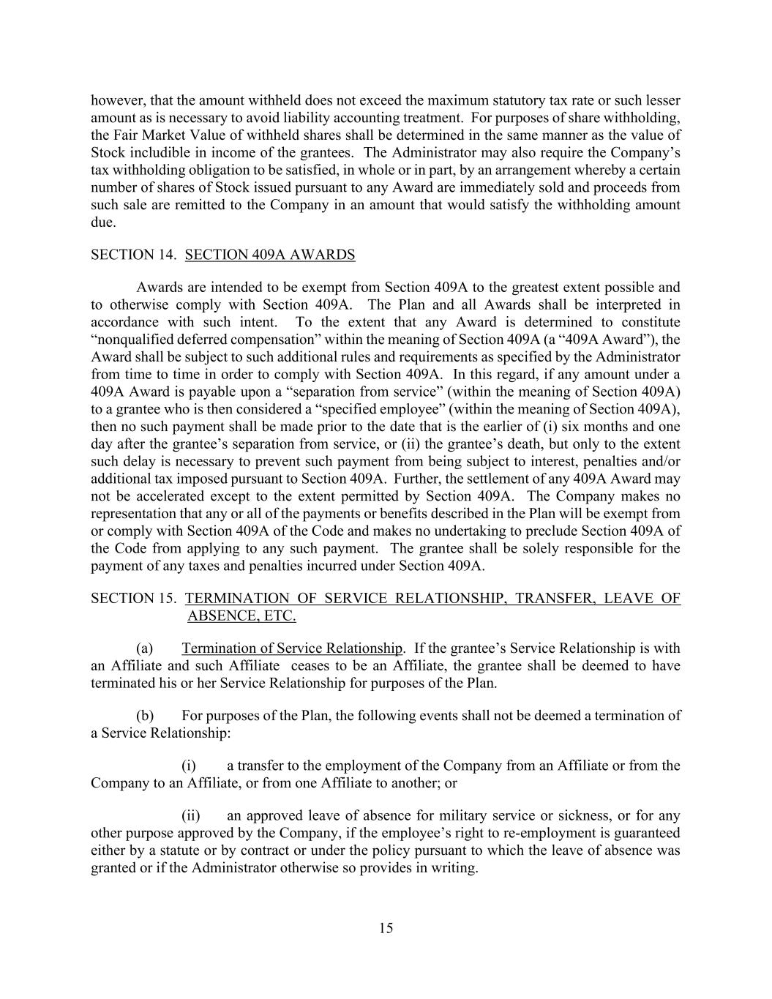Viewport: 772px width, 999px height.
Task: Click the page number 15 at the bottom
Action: pyautogui.click(x=386, y=928)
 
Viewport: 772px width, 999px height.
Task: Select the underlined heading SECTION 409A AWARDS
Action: pyautogui.click(x=270, y=255)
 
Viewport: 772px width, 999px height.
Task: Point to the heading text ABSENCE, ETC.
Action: pyautogui.click(x=241, y=616)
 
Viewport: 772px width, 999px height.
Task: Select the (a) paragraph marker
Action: pyautogui.click(x=145, y=648)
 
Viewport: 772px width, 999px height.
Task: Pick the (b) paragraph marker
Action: pyautogui.click(x=145, y=715)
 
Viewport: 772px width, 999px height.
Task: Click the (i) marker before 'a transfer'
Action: pyautogui.click(x=189, y=766)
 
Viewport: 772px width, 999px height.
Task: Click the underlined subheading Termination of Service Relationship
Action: pyautogui.click(x=292, y=648)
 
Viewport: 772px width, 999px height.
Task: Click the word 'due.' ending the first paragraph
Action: pyautogui.click(x=103, y=222)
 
